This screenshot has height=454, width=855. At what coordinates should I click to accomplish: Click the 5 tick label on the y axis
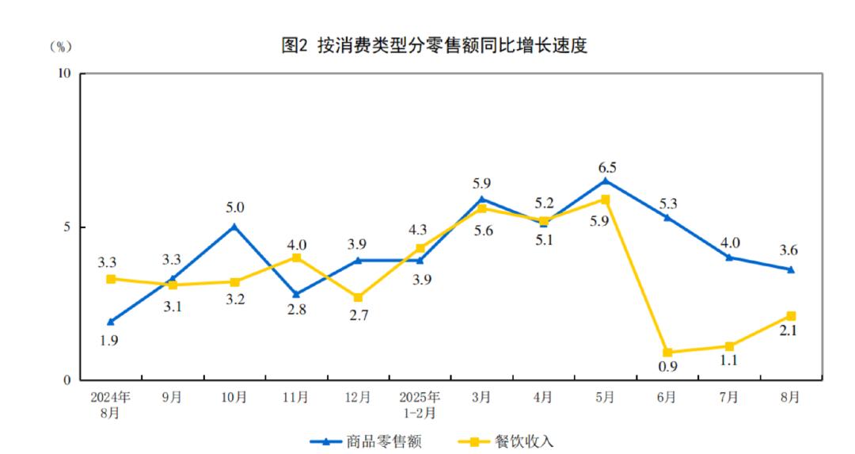66,227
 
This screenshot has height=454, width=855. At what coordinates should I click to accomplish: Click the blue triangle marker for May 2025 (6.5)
606,181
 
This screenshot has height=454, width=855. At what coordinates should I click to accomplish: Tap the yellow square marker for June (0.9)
667,353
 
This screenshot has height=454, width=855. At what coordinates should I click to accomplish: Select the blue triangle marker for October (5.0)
234,227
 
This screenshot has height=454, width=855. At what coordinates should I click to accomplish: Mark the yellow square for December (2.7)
358,297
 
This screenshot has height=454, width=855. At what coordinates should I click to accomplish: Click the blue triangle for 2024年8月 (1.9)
111,322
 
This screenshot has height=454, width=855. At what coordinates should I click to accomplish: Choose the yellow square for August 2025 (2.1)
791,316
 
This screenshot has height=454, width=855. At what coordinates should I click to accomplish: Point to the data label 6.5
607,167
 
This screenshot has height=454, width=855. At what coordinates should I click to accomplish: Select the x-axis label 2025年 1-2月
419,405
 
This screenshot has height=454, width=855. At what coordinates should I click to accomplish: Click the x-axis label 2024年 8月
110,405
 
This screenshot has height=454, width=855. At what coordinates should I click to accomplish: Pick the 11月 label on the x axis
296,398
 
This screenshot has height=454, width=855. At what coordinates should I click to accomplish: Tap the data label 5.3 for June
669,204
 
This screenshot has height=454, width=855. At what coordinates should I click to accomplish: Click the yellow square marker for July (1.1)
729,346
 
